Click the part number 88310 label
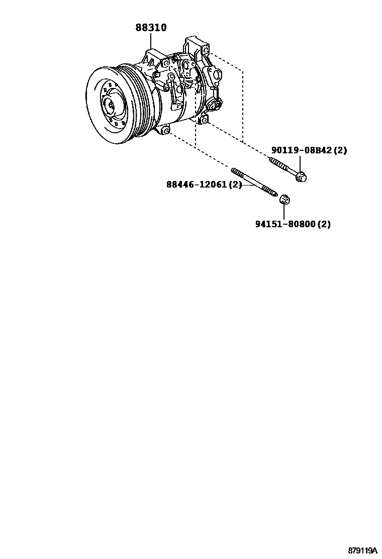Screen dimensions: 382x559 (x=150, y=28)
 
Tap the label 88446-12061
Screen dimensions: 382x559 (x=197, y=184)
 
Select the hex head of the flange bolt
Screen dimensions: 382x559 (x=301, y=176)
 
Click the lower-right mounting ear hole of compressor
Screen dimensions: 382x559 (x=204, y=120)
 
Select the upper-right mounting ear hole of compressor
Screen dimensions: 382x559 (x=206, y=51)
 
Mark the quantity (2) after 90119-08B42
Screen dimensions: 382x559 (x=340, y=150)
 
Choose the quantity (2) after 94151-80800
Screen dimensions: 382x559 (x=324, y=224)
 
